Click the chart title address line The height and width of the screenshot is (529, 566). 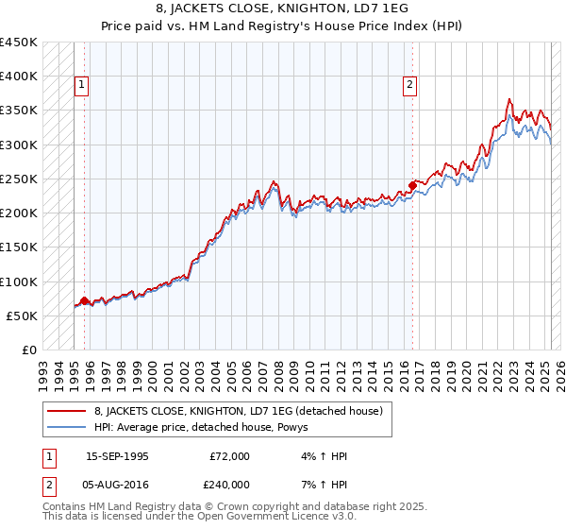[282, 9]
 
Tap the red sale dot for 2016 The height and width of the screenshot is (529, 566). [412, 185]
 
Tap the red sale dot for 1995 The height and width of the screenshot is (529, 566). [84, 300]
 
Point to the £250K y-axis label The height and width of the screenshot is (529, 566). [19, 179]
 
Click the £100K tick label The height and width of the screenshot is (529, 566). [19, 282]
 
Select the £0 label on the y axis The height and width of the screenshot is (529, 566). [28, 350]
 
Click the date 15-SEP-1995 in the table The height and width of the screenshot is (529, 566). [117, 456]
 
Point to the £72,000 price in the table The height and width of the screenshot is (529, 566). [229, 456]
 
